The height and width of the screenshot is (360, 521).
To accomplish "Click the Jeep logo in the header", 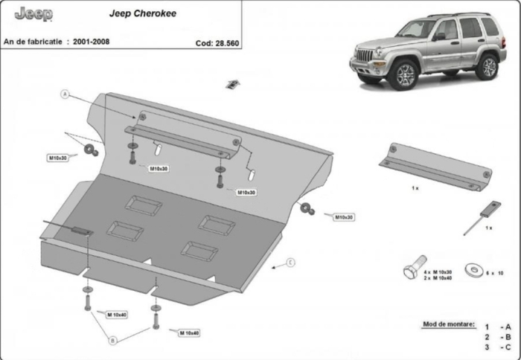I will [28, 13].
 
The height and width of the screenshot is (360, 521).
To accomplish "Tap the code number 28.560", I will [225, 43].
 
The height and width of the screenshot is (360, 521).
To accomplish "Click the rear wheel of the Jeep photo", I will [488, 67].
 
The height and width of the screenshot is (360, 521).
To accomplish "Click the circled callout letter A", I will [65, 94].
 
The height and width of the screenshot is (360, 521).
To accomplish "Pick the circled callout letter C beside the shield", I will [291, 262].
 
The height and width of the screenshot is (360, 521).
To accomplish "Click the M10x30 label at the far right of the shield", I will [342, 216].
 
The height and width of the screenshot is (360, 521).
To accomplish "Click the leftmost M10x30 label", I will [58, 158].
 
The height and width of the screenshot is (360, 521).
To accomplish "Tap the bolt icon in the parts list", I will [411, 270].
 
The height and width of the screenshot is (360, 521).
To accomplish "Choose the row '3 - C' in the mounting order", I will [496, 347].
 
